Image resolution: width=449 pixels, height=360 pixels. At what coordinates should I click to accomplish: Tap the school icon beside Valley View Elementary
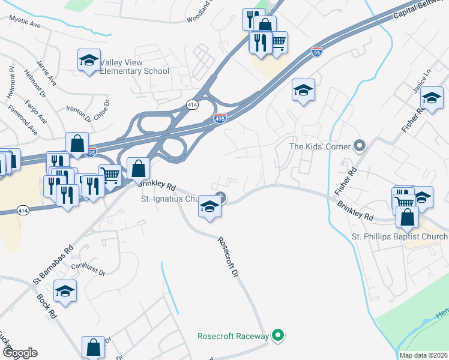(x=89, y=60)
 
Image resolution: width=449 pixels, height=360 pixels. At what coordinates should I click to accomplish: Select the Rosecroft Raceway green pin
(x=277, y=336)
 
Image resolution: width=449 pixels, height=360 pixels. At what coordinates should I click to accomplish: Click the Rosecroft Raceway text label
(x=234, y=336)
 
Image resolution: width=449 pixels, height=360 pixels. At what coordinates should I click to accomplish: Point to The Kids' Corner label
(x=320, y=146)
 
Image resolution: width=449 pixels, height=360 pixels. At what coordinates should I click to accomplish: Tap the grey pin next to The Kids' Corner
(x=360, y=146)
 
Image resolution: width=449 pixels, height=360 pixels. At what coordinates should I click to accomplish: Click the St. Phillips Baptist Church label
(x=400, y=237)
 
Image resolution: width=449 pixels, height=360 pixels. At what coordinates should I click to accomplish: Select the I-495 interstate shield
(x=220, y=119)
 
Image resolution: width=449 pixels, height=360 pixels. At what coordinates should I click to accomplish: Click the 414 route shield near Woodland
(x=192, y=104)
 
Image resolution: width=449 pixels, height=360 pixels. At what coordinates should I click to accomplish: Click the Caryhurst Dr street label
(x=88, y=268)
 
